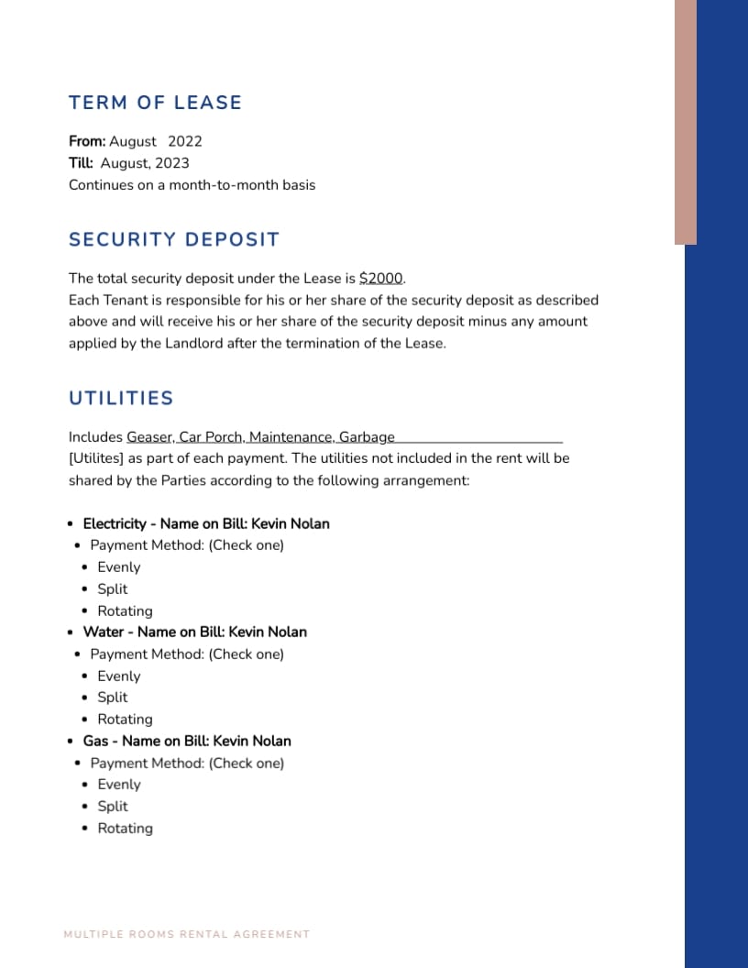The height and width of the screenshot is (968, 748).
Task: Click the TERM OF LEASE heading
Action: [x=155, y=103]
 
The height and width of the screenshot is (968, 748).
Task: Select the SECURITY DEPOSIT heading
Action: [x=173, y=239]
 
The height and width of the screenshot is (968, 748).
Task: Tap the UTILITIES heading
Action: [x=121, y=398]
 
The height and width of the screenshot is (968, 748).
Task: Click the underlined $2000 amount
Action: [x=381, y=279]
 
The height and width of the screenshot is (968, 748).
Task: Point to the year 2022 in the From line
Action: [x=184, y=141]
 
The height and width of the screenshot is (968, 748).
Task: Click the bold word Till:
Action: [x=81, y=163]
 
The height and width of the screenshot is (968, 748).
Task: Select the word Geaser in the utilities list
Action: [x=148, y=437]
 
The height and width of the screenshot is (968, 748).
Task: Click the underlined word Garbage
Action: [x=367, y=437]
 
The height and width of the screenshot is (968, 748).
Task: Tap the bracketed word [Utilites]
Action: [x=96, y=458]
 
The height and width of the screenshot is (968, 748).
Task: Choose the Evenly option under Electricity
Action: [x=118, y=567]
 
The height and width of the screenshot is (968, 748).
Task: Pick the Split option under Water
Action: [x=112, y=698]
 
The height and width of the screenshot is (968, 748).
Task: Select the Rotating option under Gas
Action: [x=125, y=829]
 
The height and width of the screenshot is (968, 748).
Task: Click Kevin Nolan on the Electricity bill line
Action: [x=290, y=524]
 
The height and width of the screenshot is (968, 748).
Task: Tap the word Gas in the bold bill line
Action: [x=95, y=742]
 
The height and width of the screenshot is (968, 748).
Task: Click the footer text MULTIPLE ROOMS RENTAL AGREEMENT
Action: [x=187, y=934]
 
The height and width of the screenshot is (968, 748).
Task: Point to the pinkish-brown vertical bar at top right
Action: [x=686, y=122]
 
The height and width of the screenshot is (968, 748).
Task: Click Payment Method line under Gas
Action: [x=187, y=764]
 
